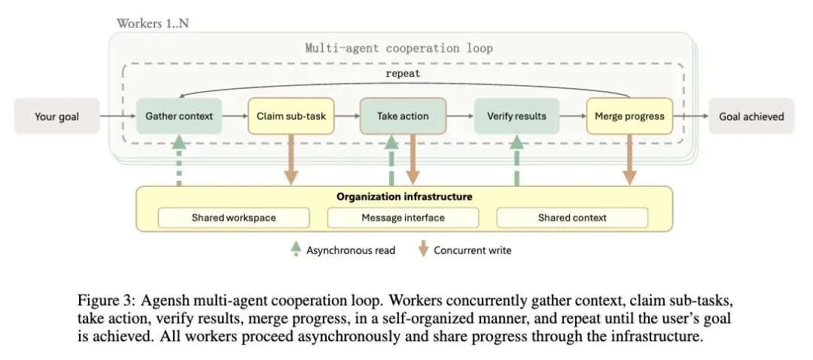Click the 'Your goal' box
57,116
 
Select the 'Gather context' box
179,116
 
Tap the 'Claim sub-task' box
291,116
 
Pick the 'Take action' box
403,116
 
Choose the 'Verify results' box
516,116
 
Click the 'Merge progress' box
629,116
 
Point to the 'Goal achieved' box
751,116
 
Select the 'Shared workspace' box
233,218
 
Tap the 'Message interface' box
403,218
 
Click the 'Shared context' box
572,218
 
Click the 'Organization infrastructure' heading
404,197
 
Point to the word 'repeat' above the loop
403,74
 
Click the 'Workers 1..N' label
152,23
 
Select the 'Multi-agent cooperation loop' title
399,48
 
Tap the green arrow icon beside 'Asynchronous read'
296,249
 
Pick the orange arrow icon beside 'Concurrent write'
423,249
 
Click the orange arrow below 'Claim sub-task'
291,159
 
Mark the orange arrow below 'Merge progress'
629,159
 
